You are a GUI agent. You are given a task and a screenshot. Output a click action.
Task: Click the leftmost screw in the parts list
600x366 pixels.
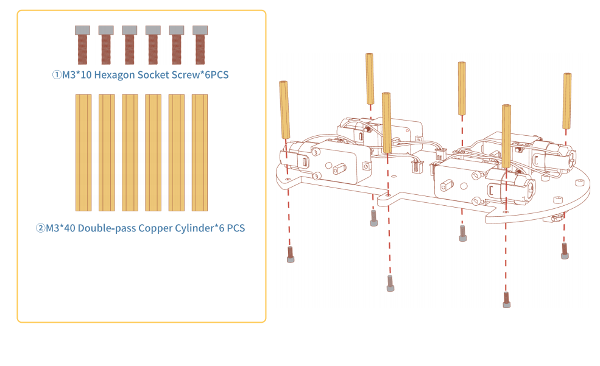82,44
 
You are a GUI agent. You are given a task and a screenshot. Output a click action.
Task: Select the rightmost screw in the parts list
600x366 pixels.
200,44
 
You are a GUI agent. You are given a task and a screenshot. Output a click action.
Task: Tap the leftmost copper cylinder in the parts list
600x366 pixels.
83,153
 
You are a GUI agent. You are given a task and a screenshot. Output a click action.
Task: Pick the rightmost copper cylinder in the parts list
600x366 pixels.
199,153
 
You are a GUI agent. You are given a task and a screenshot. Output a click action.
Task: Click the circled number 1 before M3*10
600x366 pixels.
57,74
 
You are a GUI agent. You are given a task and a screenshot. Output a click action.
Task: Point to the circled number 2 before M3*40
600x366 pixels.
40,228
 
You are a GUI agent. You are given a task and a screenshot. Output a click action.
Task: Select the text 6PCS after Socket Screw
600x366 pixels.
217,74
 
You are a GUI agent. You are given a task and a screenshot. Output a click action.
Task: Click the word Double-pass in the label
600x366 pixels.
107,228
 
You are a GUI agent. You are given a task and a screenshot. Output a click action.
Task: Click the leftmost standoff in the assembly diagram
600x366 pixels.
284,110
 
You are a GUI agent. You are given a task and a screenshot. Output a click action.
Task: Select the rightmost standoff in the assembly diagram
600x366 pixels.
566,101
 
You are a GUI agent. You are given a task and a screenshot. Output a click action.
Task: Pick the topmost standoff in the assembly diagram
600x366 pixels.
369,79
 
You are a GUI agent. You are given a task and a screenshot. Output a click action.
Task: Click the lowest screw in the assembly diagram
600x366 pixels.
506,300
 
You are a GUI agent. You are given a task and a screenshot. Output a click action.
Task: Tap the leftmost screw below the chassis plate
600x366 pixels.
291,255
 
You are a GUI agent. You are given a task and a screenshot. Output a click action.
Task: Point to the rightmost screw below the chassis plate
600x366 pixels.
565,251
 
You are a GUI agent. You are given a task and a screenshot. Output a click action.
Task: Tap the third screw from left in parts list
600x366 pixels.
129,44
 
